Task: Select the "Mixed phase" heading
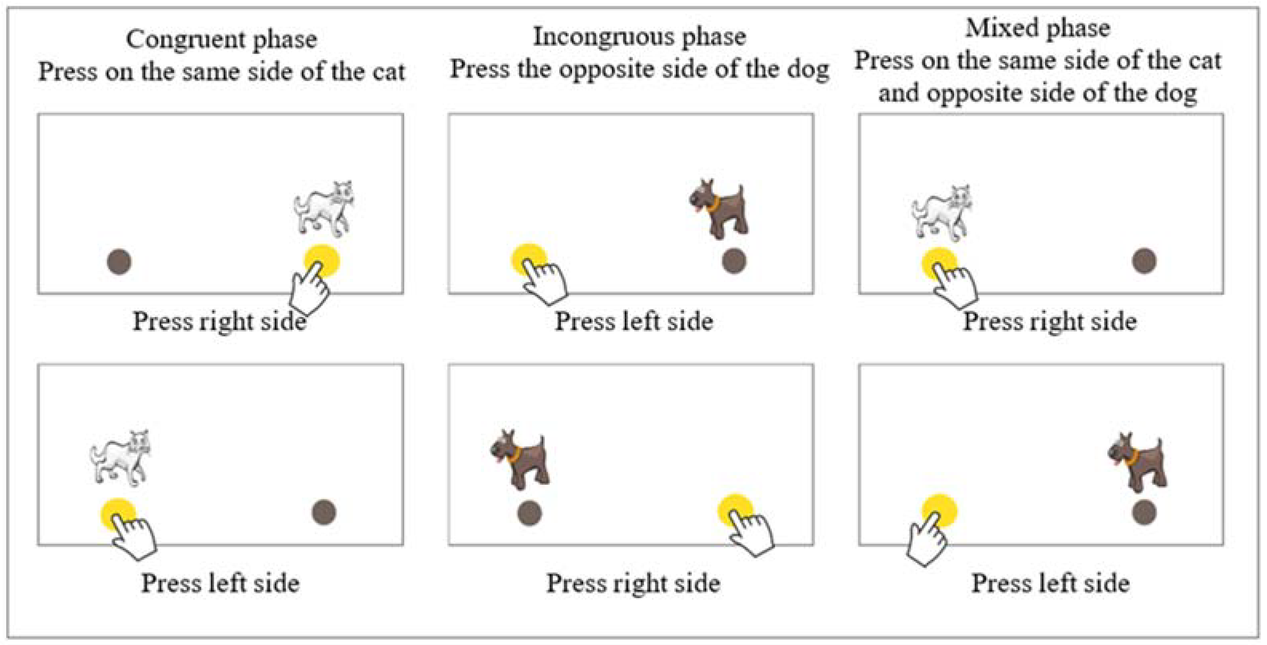[x=1038, y=28]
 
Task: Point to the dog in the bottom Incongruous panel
[x=520, y=460]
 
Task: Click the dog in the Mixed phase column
[x=1137, y=462]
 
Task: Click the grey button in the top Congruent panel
[x=119, y=262]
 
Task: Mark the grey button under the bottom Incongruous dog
[x=530, y=513]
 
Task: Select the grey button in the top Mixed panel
[x=1144, y=260]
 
